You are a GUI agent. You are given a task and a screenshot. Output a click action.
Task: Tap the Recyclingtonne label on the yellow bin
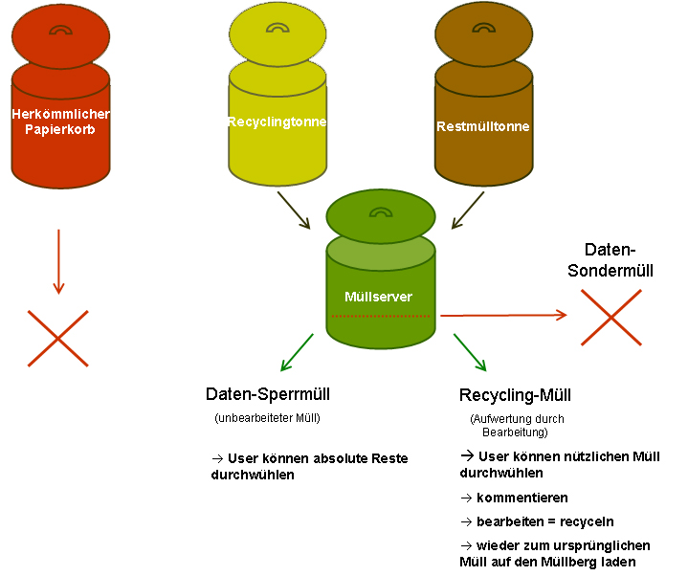tap(277, 122)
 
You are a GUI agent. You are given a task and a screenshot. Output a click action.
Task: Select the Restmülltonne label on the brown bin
tap(482, 126)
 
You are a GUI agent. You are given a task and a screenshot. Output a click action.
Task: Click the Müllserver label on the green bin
tap(378, 297)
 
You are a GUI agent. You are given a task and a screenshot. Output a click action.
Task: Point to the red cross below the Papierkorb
tap(58, 338)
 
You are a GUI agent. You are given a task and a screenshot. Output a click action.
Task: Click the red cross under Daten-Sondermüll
tap(611, 317)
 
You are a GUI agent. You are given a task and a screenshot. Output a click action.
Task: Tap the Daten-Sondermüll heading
tap(618, 259)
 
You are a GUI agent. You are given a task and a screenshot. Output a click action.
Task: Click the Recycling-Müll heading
tap(516, 395)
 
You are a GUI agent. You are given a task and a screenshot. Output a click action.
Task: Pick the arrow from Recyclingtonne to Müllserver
tap(294, 210)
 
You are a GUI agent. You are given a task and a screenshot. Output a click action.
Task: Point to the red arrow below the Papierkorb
tap(58, 260)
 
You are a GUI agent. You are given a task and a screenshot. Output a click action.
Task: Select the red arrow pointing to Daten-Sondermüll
tap(502, 314)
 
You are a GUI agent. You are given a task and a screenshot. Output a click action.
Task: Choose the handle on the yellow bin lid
tap(277, 31)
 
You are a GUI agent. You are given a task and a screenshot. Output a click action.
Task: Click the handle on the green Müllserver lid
tap(381, 213)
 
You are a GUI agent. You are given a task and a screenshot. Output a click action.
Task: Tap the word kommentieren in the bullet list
tap(522, 498)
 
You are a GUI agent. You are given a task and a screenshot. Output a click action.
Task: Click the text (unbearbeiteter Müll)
tap(268, 418)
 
